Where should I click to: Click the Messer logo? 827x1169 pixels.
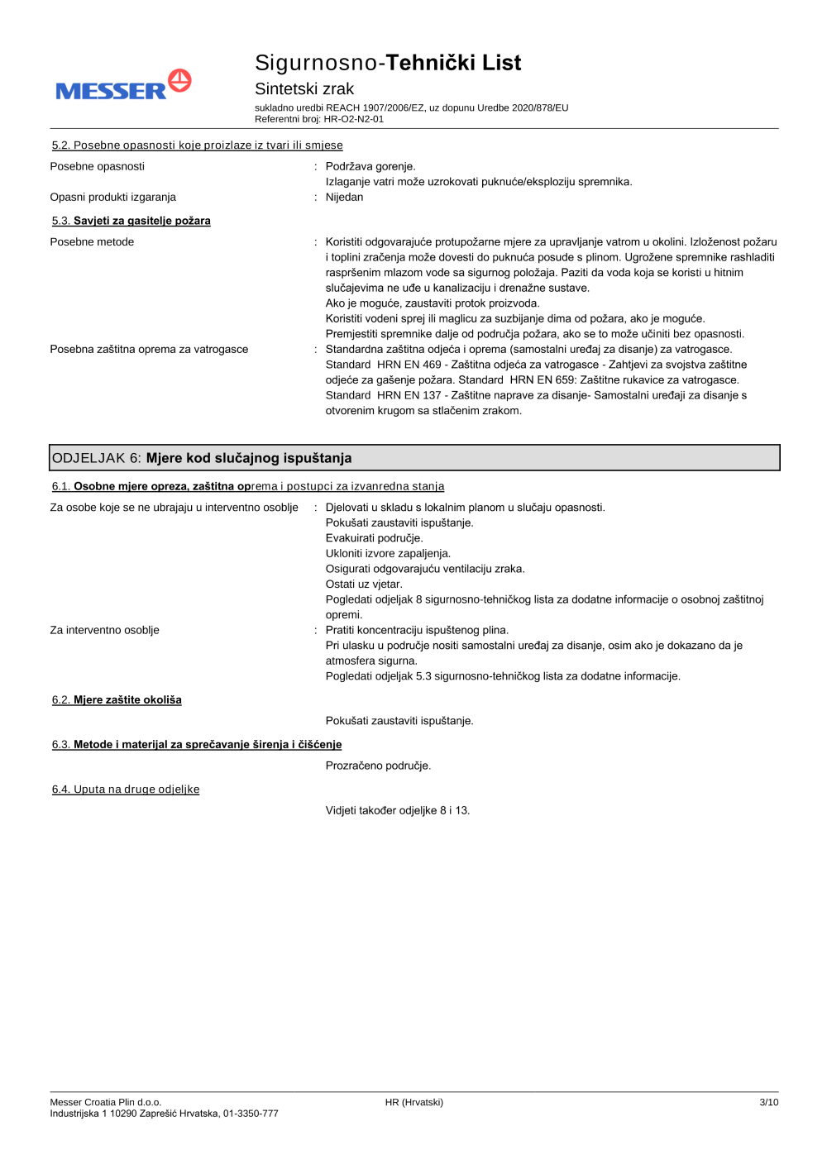122,85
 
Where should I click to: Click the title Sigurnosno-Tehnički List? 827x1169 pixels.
387,63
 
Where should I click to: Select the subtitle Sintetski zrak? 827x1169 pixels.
304,88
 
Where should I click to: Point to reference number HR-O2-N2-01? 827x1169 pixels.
353,119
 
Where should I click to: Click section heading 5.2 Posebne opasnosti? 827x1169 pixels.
197,146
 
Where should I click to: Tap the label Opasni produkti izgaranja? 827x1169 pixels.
112,197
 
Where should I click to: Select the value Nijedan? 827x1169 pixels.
344,197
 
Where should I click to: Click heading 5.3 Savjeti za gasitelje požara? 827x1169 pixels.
131,221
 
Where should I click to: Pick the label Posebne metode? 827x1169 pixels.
92,242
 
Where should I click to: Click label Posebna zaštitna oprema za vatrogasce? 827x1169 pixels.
149,350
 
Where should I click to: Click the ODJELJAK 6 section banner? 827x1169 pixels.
413,458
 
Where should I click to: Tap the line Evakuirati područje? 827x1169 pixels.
374,538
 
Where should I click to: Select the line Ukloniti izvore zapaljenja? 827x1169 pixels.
388,554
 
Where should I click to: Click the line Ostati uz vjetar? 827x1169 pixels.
364,584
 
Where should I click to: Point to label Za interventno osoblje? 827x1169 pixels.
104,630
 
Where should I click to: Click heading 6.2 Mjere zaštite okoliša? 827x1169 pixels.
117,700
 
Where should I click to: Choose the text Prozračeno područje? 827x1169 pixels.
378,766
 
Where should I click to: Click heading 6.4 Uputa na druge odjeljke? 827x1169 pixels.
126,790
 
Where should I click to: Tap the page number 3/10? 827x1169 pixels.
768,1102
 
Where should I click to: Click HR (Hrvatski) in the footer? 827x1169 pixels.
413,1102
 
